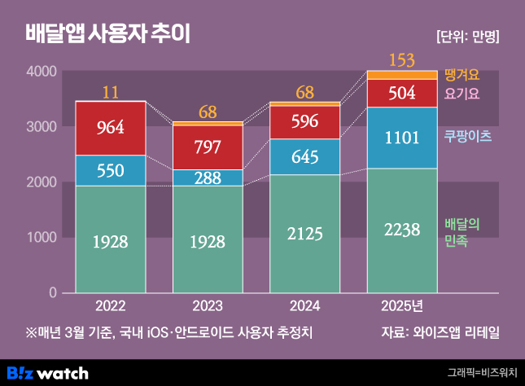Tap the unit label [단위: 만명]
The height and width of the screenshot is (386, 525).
coord(467,37)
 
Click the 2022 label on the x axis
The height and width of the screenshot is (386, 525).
coord(111,307)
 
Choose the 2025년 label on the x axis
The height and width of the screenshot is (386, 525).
coord(402,307)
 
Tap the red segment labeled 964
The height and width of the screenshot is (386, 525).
coord(111,128)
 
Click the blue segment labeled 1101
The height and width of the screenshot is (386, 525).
coord(402,138)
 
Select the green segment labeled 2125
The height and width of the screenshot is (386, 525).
coord(304,234)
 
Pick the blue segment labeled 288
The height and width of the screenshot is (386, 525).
coord(208,178)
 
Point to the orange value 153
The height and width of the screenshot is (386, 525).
coord(402,59)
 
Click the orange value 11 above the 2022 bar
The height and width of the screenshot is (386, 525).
coord(111,91)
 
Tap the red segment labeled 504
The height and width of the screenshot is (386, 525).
coord(402,93)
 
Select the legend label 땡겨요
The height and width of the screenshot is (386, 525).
coord(462,76)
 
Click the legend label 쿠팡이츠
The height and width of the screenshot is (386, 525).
coord(467,136)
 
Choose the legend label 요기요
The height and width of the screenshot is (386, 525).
coord(462,94)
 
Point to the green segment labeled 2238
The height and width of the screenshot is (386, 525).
coord(402,230)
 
